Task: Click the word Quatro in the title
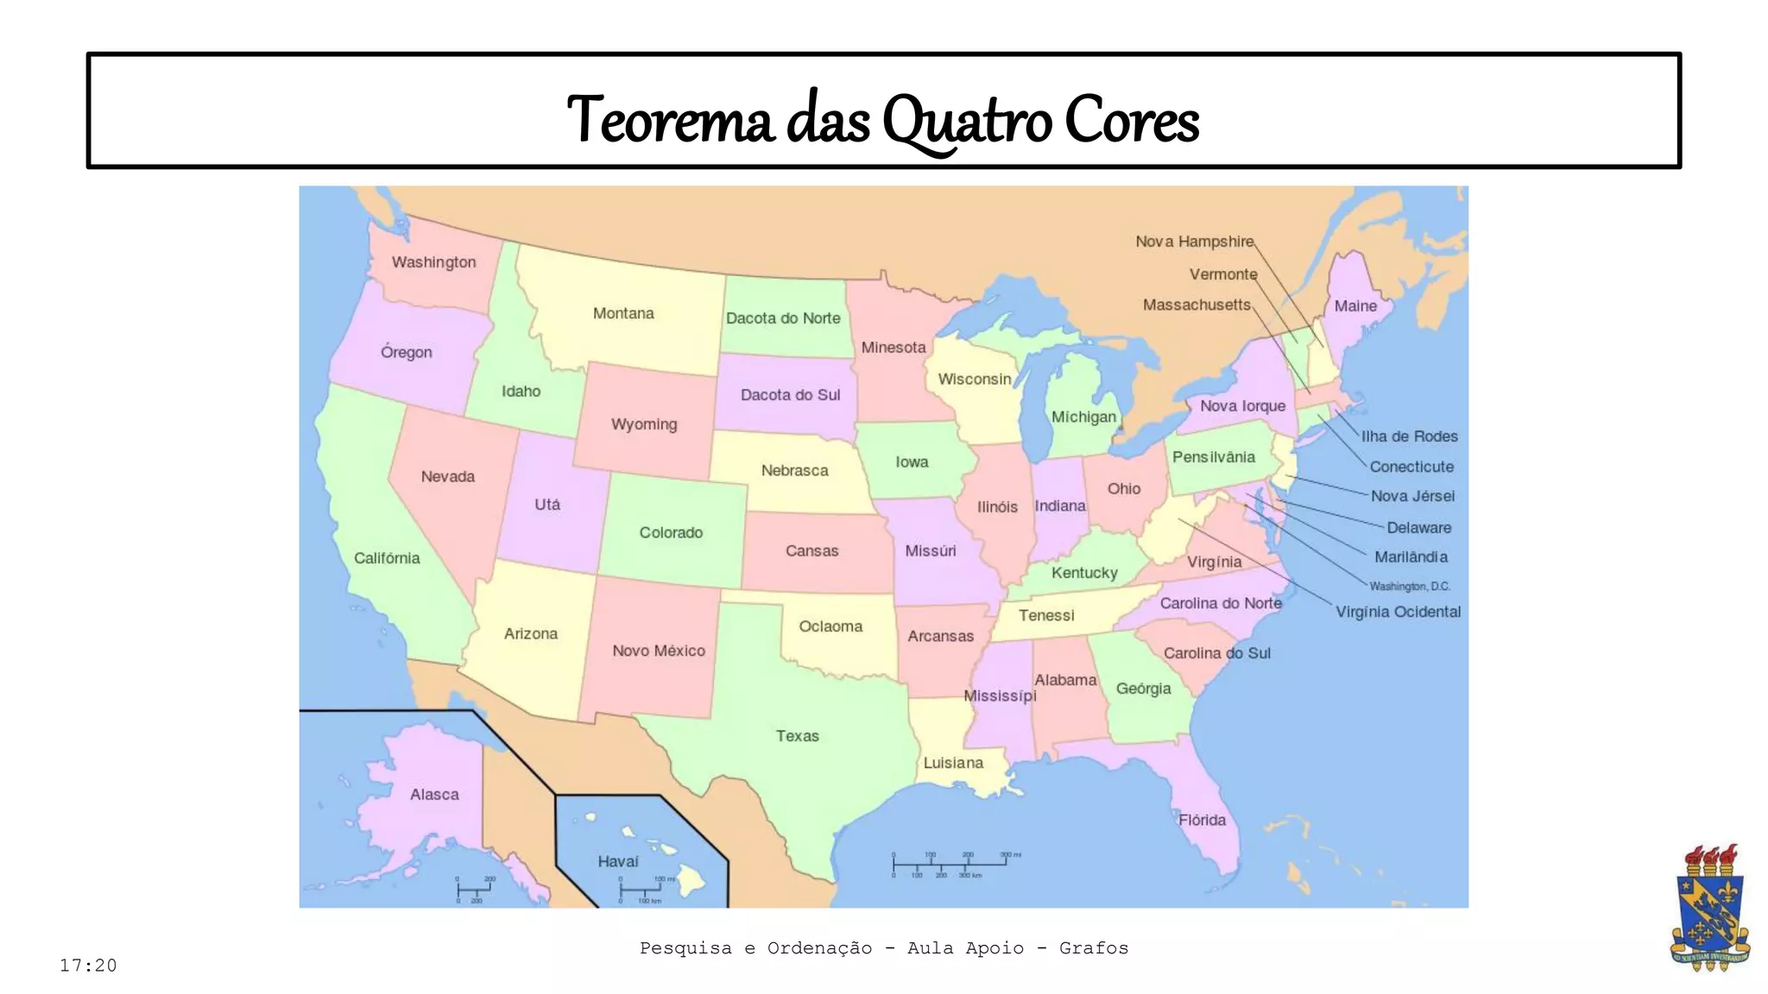(967, 121)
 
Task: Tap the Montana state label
(623, 313)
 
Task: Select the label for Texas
(797, 736)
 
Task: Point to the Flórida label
(1202, 820)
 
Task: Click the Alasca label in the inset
(434, 794)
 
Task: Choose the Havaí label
(618, 861)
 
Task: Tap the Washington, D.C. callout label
(1409, 586)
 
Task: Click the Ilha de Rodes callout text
(1409, 437)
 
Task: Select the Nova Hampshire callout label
(1194, 242)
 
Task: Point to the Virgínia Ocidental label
(1398, 612)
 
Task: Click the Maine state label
(1355, 306)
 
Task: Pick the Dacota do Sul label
(790, 394)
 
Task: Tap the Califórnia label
(387, 558)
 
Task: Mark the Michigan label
(1083, 417)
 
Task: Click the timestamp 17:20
(88, 966)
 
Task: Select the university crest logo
(1709, 908)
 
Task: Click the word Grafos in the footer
(1093, 948)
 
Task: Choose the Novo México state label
(659, 651)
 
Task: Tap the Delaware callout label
(1418, 527)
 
